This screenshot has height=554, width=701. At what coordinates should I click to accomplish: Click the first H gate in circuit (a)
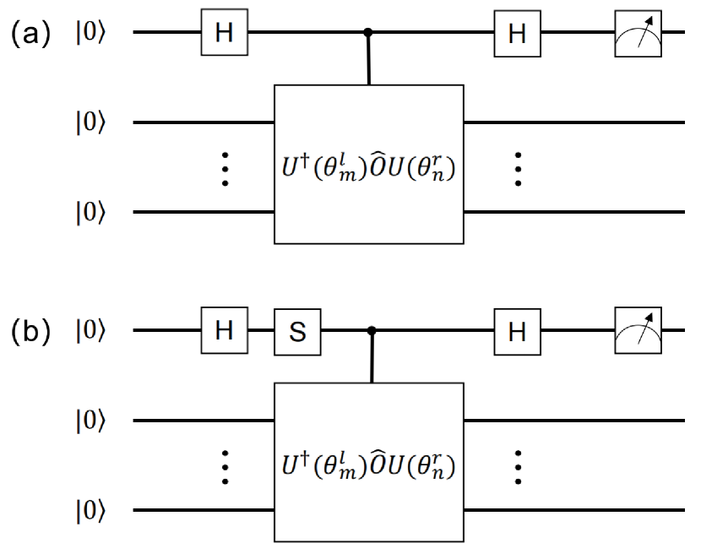tap(223, 34)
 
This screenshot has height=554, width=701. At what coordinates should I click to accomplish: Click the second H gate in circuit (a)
tap(517, 34)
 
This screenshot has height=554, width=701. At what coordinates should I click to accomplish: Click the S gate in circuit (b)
tap(297, 331)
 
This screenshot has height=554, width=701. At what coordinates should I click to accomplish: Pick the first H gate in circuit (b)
tap(223, 331)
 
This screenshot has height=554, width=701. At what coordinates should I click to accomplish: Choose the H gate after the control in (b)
tap(517, 331)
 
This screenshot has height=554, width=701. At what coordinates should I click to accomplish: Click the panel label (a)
tap(30, 34)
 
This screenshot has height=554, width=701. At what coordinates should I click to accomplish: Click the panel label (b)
tap(30, 331)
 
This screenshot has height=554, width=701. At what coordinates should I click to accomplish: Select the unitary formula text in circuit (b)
tap(368, 465)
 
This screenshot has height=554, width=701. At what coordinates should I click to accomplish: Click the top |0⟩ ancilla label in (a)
tap(90, 34)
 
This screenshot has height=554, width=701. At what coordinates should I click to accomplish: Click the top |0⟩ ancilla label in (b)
tap(90, 331)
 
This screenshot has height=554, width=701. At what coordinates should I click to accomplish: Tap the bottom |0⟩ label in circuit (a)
tap(90, 214)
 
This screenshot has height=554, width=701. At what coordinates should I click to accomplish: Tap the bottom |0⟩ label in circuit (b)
tap(90, 511)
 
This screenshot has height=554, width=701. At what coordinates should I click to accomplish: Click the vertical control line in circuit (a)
tap(368, 59)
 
